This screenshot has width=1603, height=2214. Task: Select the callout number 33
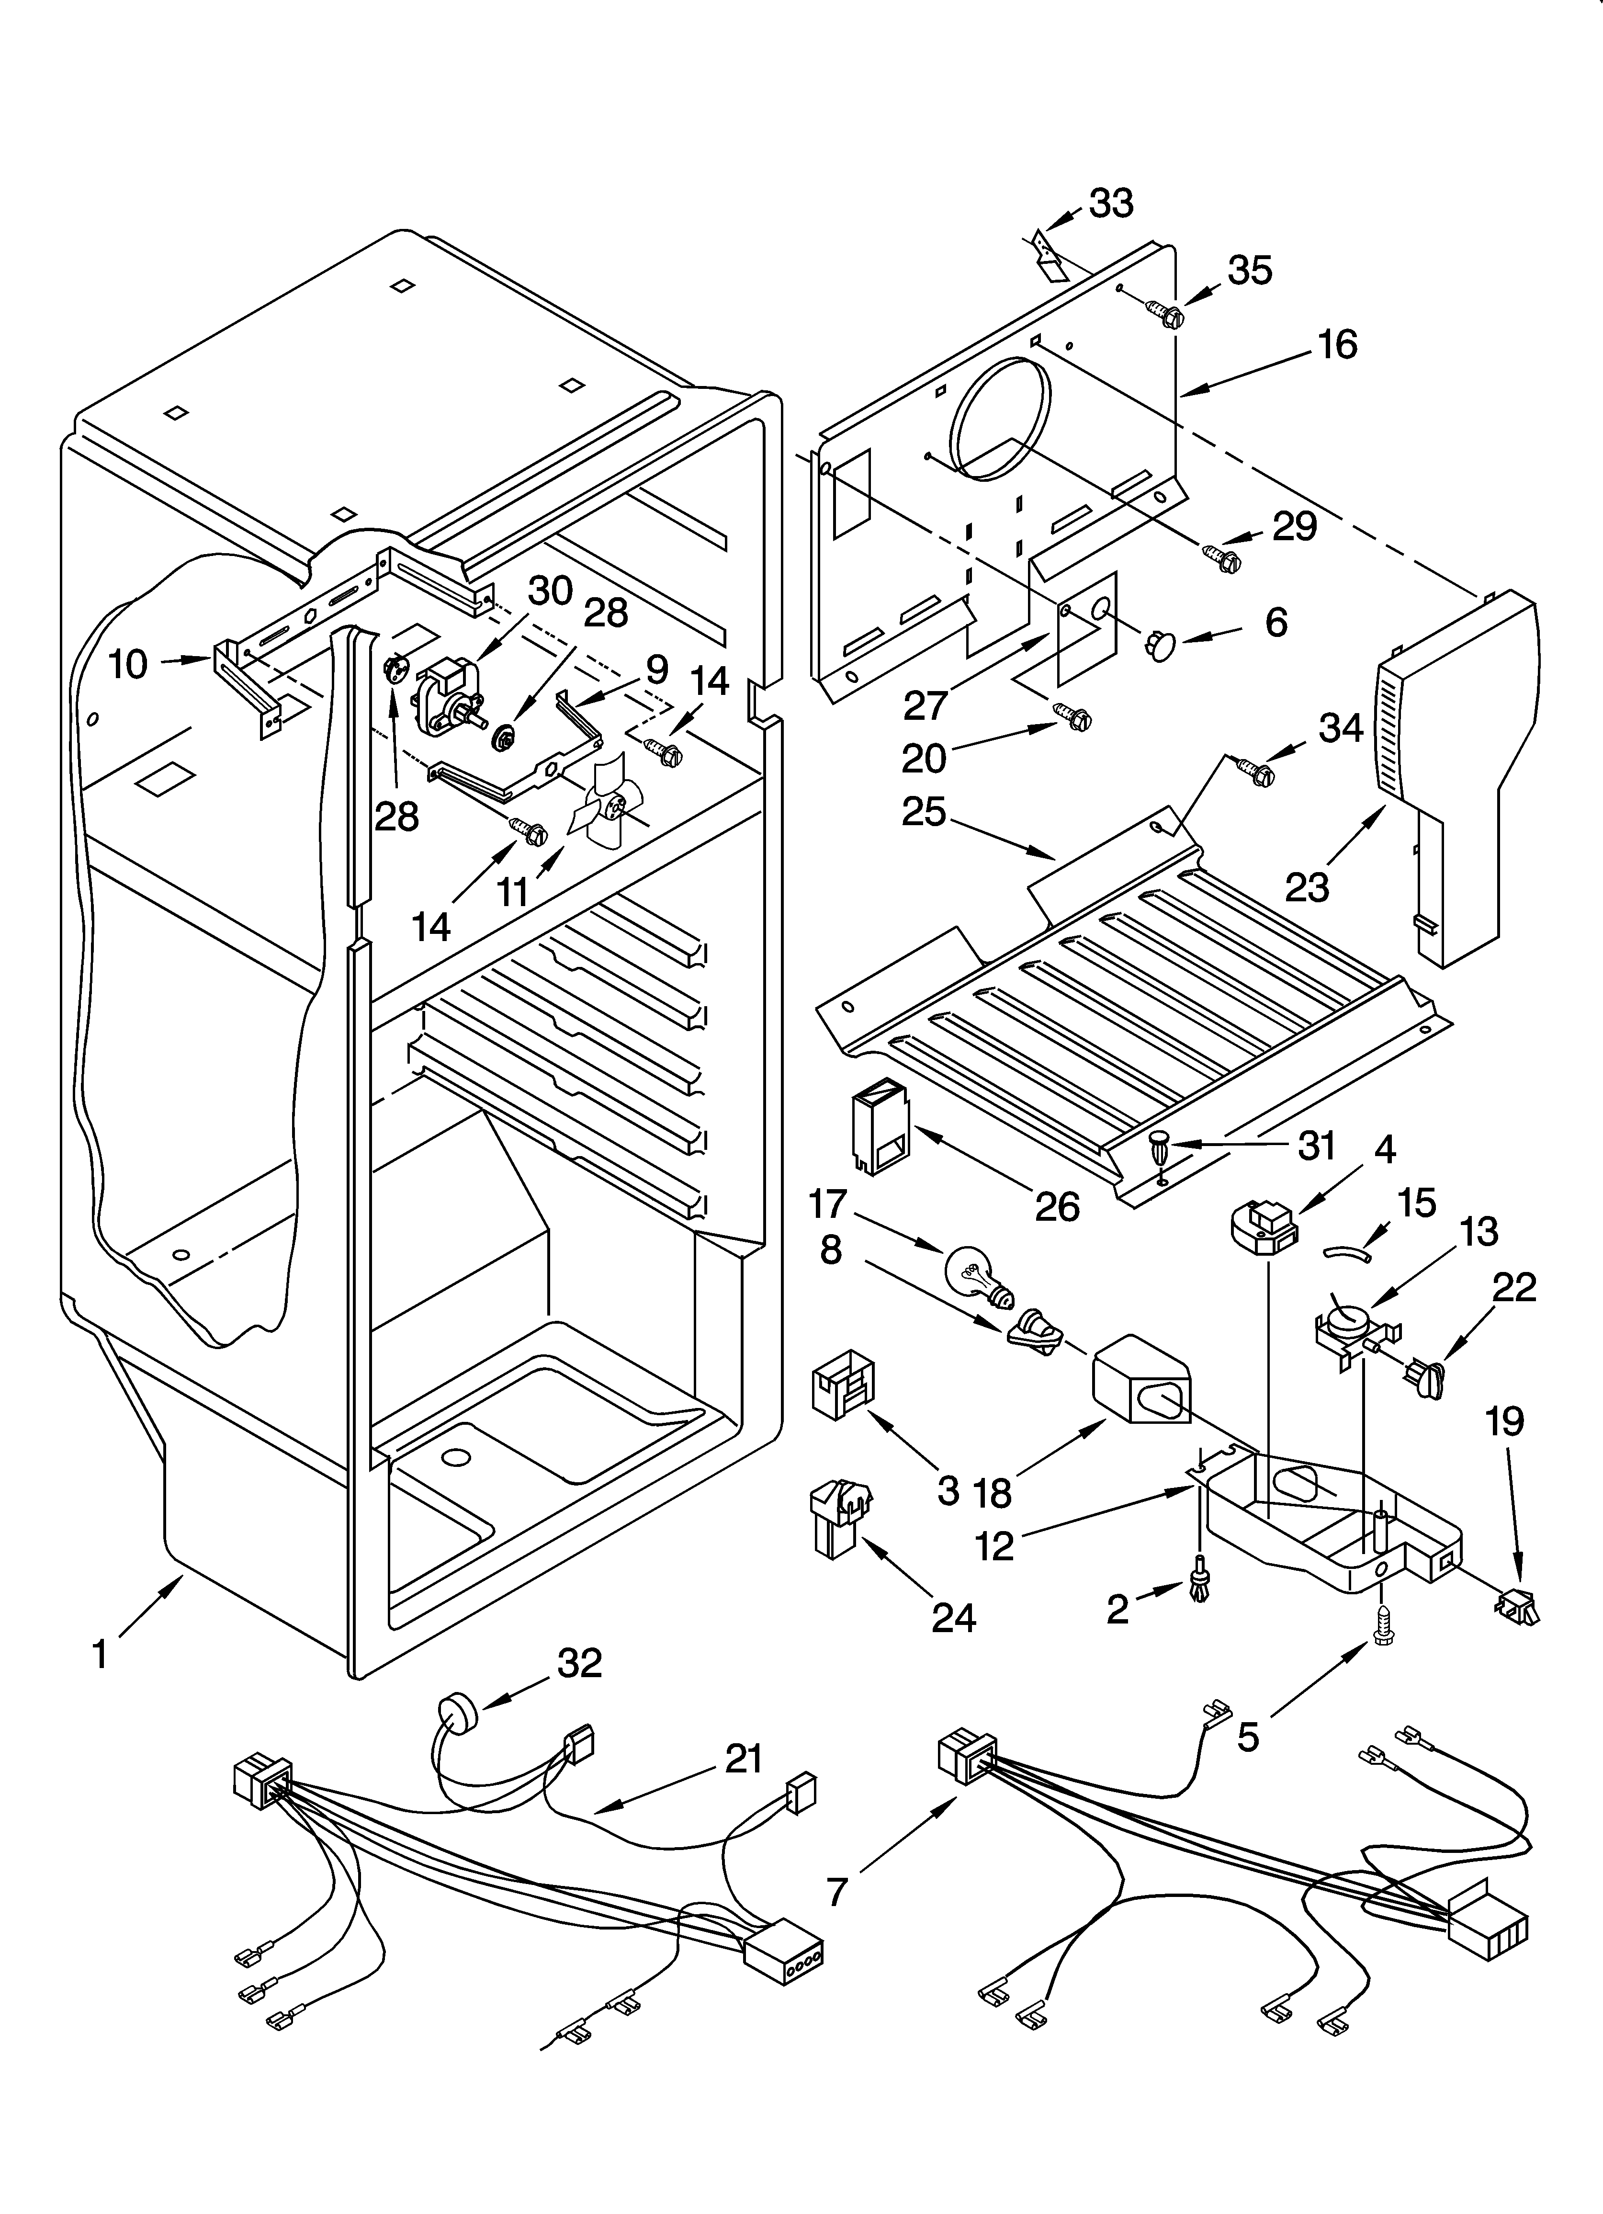click(1111, 203)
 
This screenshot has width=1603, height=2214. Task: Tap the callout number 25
click(924, 810)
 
